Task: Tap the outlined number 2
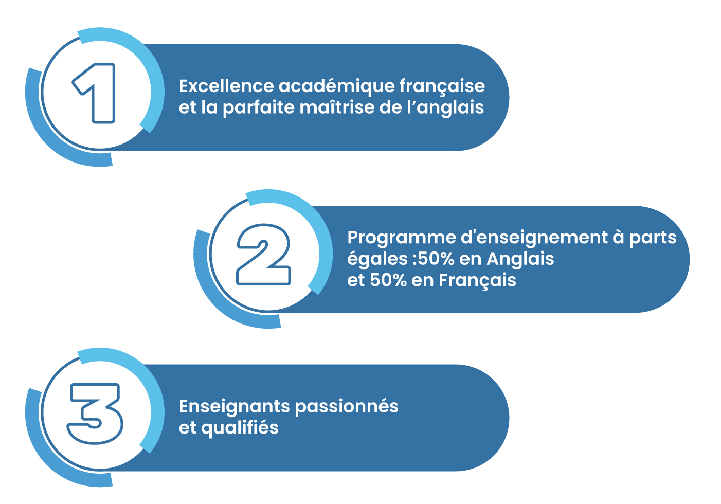(263, 254)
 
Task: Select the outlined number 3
(95, 414)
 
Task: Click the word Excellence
(227, 86)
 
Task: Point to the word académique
(337, 86)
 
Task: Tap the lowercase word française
(442, 86)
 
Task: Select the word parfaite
(259, 107)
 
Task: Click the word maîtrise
(337, 107)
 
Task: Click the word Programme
(402, 238)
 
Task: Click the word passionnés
(347, 407)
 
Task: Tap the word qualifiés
(240, 428)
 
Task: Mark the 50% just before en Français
(388, 280)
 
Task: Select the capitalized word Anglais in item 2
(520, 259)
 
